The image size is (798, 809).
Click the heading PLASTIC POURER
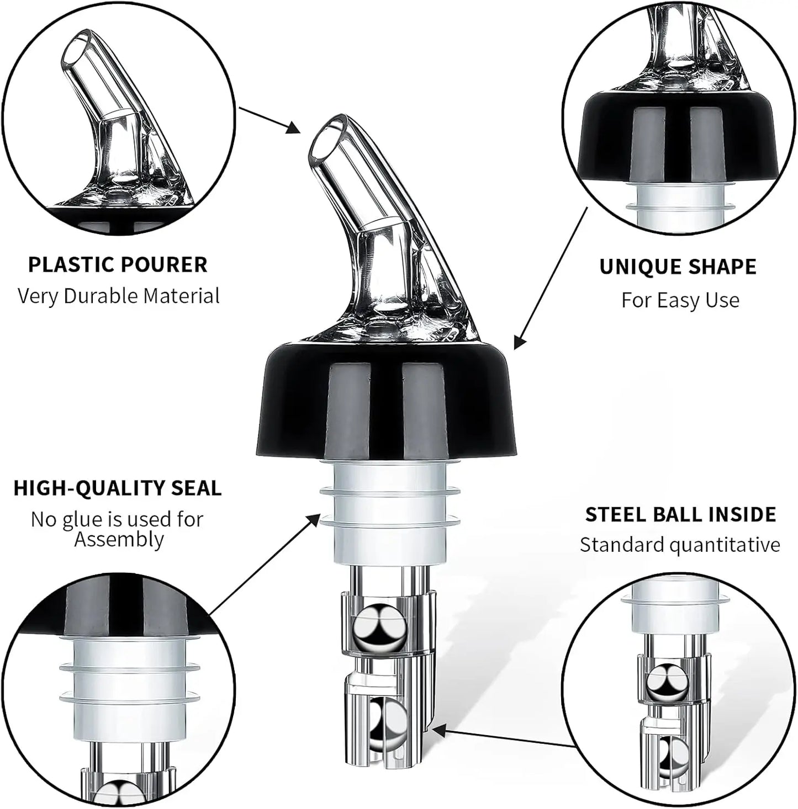[118, 264]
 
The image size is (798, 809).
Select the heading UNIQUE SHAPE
[678, 267]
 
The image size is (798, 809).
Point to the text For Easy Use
[680, 300]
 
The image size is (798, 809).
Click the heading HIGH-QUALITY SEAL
[118, 488]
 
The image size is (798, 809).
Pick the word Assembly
[119, 539]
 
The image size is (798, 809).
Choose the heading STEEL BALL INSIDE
[680, 514]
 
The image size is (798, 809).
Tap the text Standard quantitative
[680, 545]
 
